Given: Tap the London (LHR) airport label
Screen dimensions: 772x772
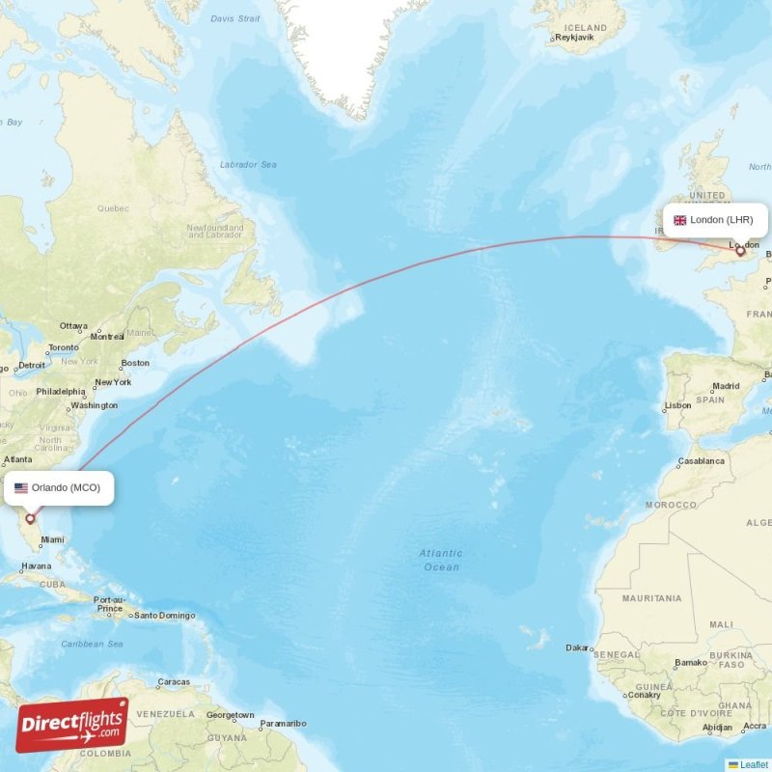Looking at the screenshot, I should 715,220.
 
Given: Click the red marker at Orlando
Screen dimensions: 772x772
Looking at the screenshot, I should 30,518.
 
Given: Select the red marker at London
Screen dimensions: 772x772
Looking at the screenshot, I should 740,250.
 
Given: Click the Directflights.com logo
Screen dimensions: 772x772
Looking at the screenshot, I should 72,725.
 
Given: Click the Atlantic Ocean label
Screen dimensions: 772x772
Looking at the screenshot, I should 440,560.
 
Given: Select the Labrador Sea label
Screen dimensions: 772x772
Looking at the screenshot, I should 248,164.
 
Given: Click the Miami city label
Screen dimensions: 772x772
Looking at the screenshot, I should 52,540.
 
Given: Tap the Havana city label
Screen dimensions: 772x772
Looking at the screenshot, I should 36,565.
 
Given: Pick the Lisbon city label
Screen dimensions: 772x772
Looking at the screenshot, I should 677,405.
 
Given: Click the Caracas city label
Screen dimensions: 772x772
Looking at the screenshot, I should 174,681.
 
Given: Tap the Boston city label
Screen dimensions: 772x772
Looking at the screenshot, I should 135,363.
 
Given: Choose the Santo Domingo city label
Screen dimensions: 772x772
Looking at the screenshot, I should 164,616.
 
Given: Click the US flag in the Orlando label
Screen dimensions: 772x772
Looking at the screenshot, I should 21,487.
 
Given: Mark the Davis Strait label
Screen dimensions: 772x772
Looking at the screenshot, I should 234,17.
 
